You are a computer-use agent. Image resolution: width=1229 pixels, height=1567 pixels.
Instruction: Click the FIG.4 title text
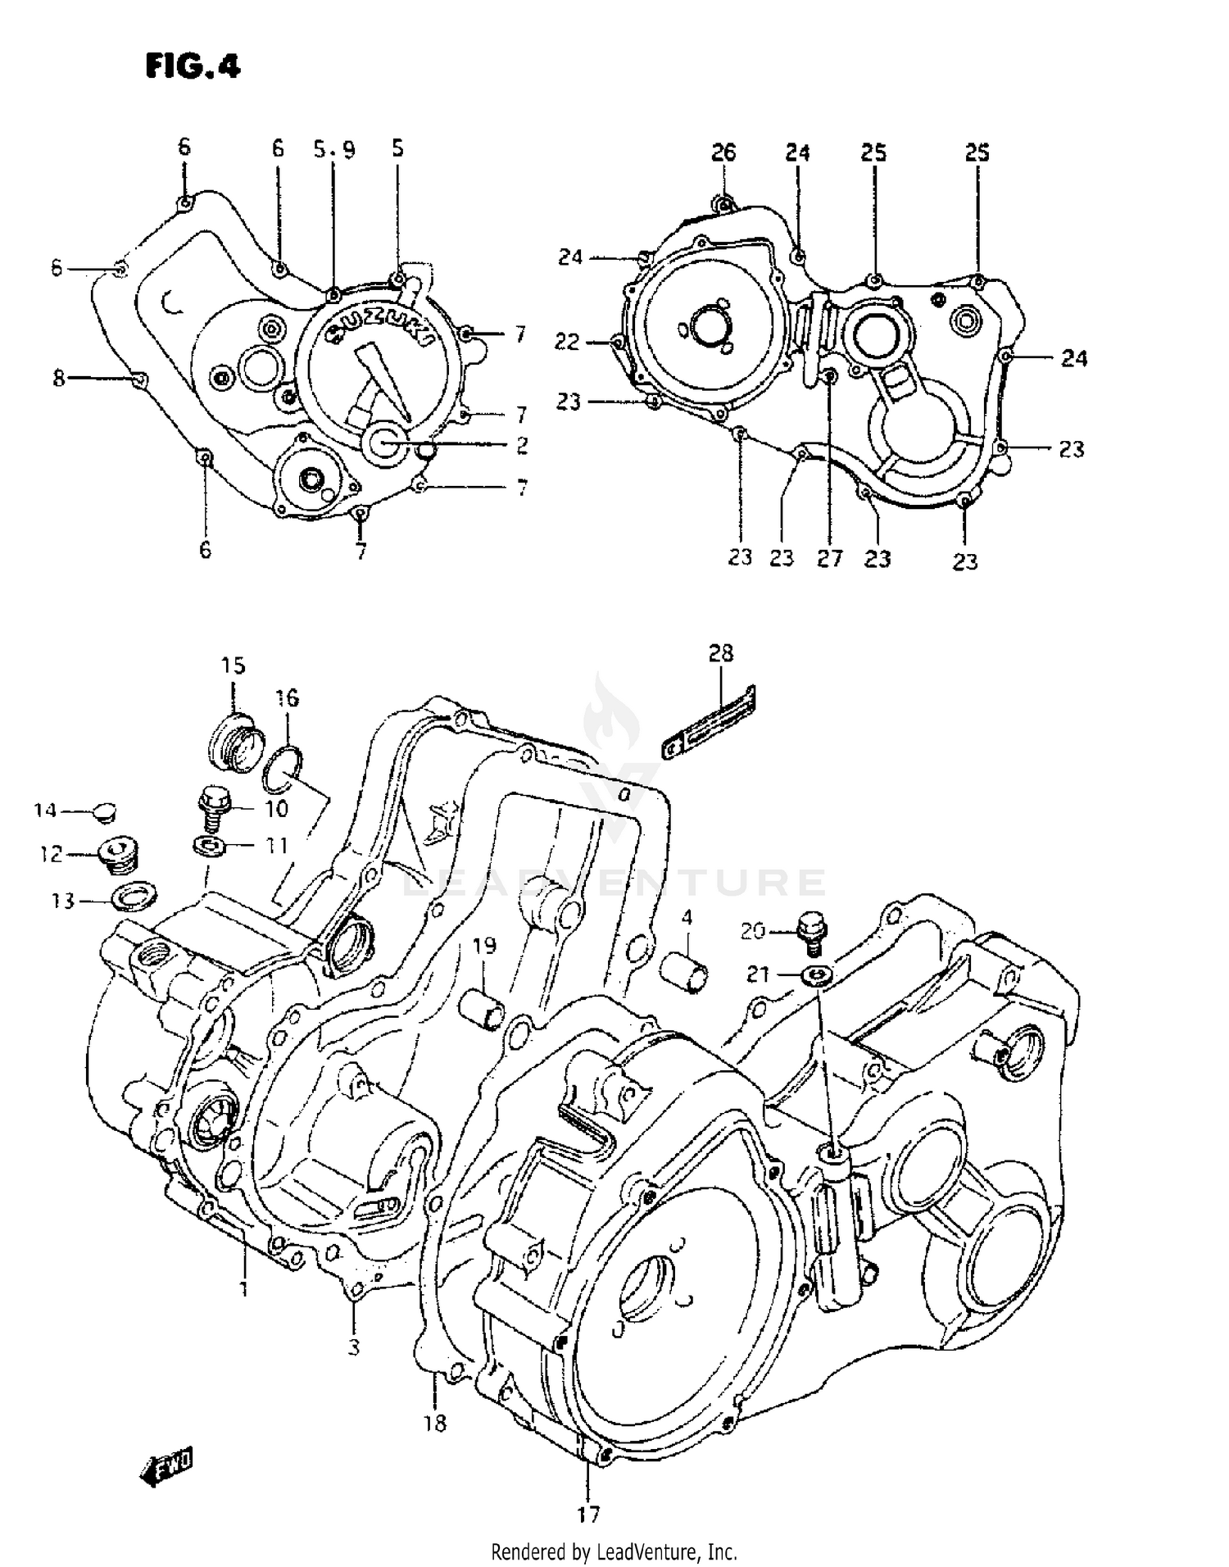[193, 66]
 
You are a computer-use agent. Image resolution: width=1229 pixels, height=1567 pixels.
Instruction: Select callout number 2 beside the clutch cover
[522, 446]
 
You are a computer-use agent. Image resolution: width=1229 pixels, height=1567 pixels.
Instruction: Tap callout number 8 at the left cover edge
[59, 379]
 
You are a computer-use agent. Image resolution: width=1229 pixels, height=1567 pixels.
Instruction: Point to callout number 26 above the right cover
[723, 152]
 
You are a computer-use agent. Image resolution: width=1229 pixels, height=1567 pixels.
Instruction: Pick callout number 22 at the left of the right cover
[567, 342]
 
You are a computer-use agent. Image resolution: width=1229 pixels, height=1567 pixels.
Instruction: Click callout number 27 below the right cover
[829, 558]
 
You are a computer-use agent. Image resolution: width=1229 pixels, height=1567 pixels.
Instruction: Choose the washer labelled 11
[211, 844]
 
